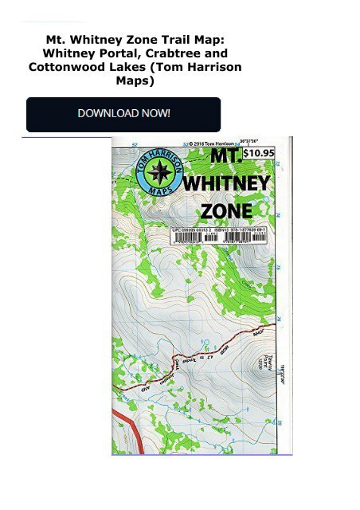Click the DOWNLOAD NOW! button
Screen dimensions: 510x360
[123, 113]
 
